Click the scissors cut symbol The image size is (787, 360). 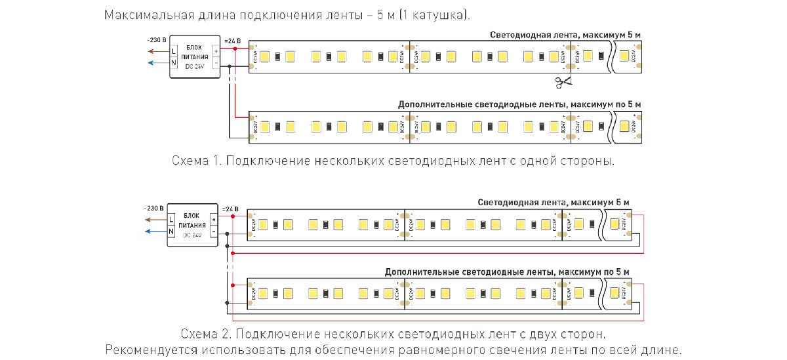(x=562, y=82)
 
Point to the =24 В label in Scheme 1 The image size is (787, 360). (x=232, y=41)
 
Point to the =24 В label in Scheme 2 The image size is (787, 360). (x=229, y=209)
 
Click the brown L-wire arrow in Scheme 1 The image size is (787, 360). (x=157, y=51)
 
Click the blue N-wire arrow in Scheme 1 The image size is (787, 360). (x=157, y=63)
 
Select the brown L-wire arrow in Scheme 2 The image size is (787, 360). (x=155, y=218)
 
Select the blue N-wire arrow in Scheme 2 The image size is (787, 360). (x=155, y=231)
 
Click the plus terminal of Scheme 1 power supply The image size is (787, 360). (x=216, y=50)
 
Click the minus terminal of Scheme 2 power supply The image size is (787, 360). (x=213, y=231)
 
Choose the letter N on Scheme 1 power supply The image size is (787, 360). (x=174, y=63)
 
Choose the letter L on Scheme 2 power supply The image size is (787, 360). (x=171, y=218)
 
